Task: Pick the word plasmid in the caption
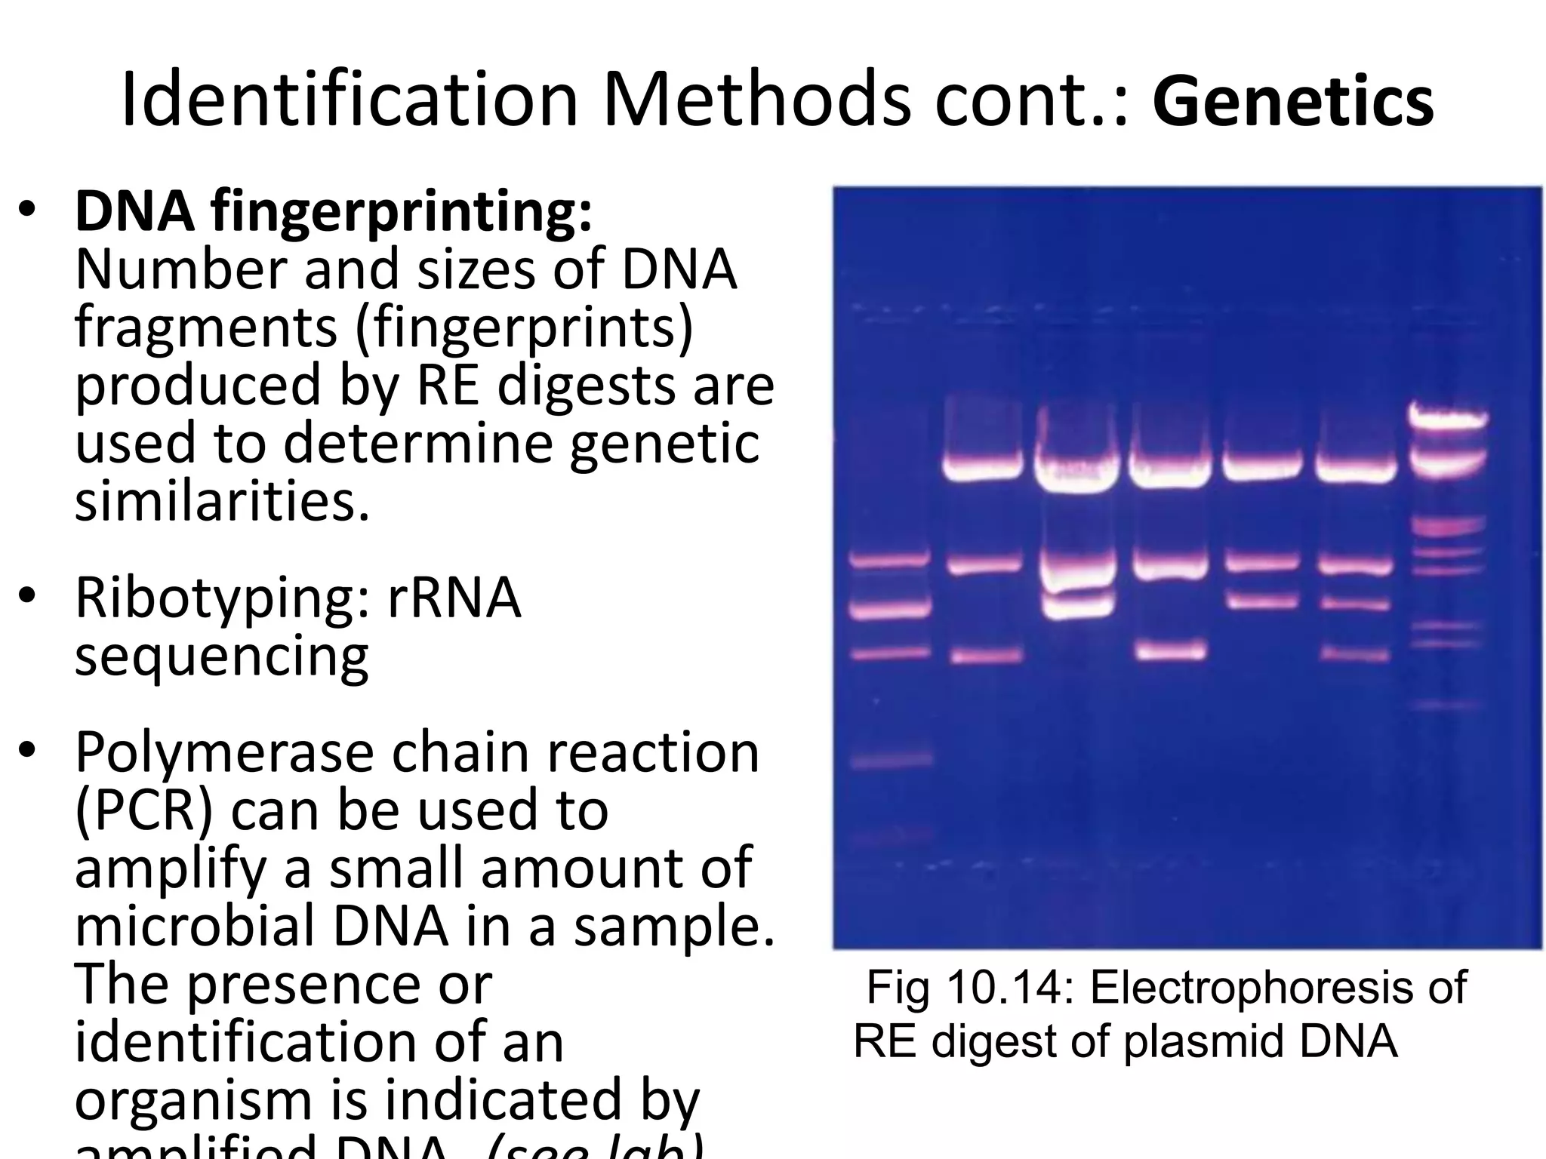[x=1203, y=1041]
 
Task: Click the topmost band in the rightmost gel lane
[x=1448, y=415]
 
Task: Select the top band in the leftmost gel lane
[x=888, y=560]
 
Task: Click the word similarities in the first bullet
[x=223, y=501]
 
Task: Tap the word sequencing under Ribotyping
[x=222, y=656]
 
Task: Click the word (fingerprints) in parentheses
[x=523, y=328]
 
